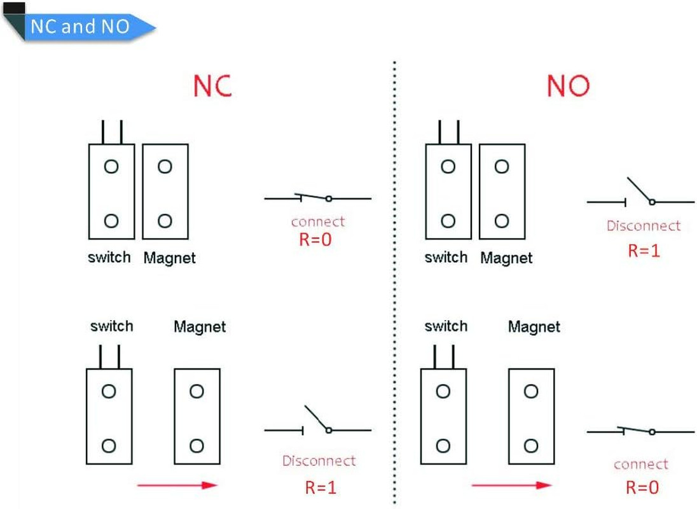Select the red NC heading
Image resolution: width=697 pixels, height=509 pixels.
tap(212, 85)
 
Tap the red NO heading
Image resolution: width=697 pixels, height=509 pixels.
tap(568, 85)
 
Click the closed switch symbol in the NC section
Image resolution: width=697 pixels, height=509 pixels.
tap(317, 198)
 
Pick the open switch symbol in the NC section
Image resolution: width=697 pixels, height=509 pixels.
tap(317, 423)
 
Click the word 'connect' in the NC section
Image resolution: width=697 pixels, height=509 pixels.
tap(317, 222)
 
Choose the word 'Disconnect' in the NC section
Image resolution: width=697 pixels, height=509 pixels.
tap(319, 461)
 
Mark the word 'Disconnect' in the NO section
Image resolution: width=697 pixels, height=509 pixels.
tap(643, 226)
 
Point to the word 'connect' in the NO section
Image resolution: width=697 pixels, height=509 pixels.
tap(640, 464)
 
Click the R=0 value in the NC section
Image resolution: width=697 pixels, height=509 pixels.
tap(315, 241)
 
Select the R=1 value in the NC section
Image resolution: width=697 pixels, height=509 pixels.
tap(320, 488)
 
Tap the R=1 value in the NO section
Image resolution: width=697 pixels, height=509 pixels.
tap(644, 250)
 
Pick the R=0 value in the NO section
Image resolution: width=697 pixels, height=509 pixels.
tap(642, 488)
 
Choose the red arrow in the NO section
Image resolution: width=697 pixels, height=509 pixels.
tap(511, 485)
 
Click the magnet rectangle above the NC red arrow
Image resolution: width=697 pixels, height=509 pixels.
tap(197, 416)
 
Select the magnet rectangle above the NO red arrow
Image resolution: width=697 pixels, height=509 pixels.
tap(531, 416)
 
